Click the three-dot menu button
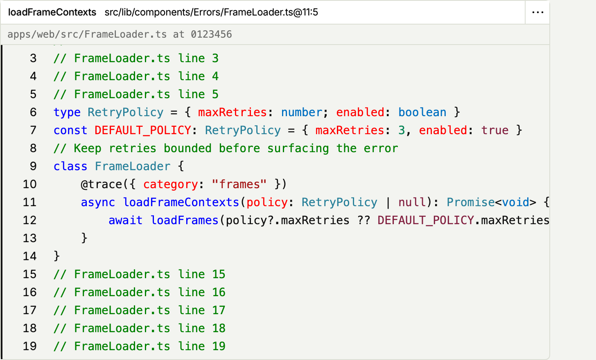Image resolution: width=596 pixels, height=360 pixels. coord(537,12)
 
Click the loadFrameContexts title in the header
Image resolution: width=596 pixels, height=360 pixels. coord(52,12)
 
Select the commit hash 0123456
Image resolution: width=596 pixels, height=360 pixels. coord(211,34)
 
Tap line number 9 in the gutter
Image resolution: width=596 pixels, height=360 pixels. coord(33,166)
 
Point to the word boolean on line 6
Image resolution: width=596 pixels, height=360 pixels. coord(422,112)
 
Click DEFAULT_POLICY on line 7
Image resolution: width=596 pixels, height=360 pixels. coord(143,130)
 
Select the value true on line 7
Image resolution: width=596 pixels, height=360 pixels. coord(495,130)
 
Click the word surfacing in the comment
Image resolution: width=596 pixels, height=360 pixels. coord(298,148)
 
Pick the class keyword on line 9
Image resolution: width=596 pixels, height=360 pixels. coord(70,166)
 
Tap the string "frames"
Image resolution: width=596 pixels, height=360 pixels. coord(239,184)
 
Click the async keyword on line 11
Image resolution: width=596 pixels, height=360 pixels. coord(98,202)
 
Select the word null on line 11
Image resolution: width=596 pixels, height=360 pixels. coord(412,202)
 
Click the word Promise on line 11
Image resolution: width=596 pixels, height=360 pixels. coord(471,202)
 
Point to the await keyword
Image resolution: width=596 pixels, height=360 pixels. coord(125,220)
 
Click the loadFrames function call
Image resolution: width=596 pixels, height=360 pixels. coord(184,220)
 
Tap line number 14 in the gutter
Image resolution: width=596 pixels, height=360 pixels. coord(29,256)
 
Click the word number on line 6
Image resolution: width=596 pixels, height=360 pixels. coord(302,112)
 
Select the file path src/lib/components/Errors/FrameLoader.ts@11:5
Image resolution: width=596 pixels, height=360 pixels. coord(211,12)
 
